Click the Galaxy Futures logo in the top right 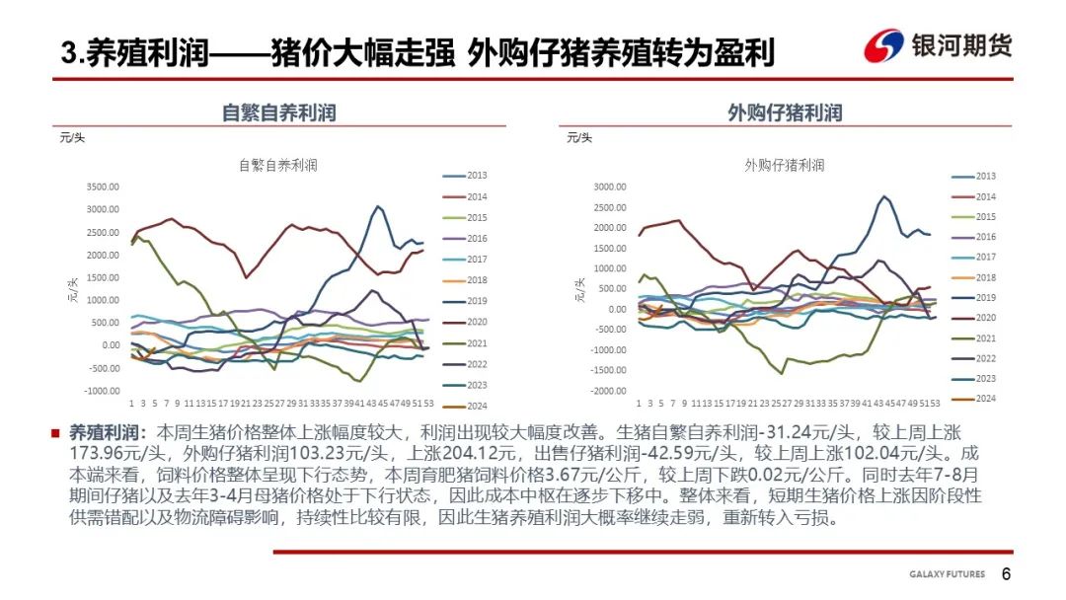938,45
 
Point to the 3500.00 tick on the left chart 103,186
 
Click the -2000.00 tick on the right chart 608,391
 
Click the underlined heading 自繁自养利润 278,112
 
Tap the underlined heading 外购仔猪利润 785,112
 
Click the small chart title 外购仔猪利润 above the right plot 785,165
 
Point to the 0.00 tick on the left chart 109,345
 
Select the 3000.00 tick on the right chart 610,186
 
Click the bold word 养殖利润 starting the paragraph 104,433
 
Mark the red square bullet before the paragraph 55,433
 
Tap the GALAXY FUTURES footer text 949,575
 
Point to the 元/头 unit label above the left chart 71,137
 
